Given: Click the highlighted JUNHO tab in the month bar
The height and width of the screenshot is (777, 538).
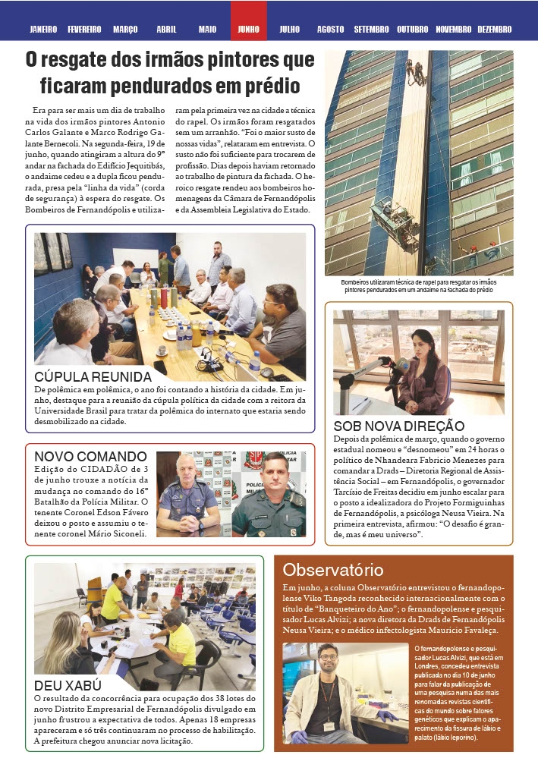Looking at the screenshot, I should coord(248,30).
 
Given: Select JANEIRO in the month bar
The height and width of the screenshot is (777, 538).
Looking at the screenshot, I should coord(43,30).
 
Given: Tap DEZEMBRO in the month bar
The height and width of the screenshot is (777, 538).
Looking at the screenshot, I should coord(495,30).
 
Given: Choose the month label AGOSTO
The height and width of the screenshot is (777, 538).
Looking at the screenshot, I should coord(330,30).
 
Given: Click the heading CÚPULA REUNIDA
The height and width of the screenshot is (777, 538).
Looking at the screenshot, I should coord(93,377).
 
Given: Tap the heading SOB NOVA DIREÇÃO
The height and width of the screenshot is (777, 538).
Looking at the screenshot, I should coord(399,426).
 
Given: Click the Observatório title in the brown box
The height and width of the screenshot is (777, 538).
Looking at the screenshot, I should coord(333,570).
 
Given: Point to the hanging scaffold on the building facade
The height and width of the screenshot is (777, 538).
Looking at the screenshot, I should coord(394,224).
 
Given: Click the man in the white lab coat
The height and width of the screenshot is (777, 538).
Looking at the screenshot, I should coord(329,694).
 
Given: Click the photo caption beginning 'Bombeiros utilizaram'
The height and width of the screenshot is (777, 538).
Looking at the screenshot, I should coord(418,285).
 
